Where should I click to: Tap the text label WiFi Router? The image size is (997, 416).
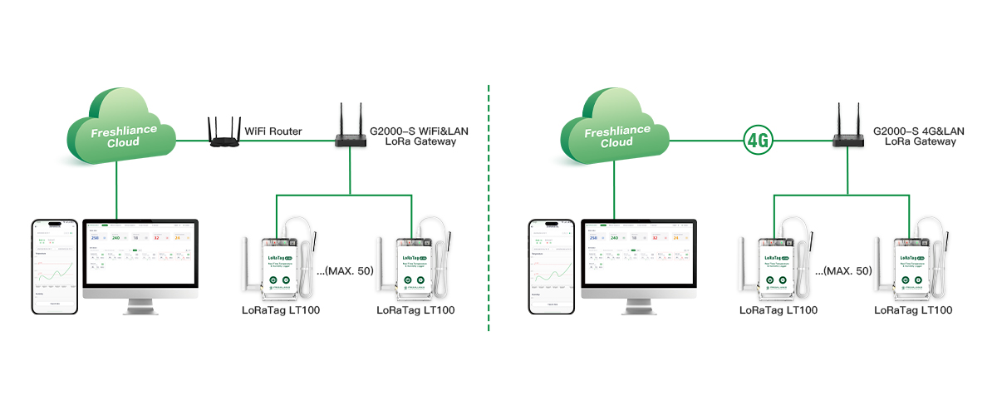(x=273, y=131)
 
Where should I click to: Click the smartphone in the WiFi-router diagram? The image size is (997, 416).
(x=55, y=266)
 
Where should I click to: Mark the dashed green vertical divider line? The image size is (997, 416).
(x=489, y=208)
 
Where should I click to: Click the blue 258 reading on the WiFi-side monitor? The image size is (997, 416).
(x=95, y=238)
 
